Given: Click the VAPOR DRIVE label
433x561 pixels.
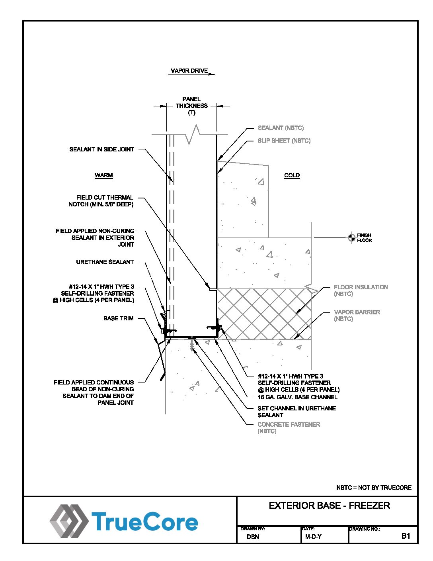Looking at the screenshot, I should click(189, 71).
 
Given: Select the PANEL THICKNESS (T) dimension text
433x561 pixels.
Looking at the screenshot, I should click(192, 106).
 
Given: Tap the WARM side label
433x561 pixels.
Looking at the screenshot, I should click(104, 175).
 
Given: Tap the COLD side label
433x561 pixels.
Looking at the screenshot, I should click(292, 175).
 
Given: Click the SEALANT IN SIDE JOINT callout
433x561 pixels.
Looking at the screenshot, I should click(102, 149).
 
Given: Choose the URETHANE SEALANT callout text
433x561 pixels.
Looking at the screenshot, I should click(105, 262).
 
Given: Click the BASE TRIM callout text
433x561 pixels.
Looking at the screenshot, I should click(119, 318).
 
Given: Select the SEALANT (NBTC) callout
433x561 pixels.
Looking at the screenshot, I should click(281, 128).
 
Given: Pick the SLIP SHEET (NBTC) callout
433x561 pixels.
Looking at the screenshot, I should click(284, 141).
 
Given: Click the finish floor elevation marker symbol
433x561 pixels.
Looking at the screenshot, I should click(351, 237).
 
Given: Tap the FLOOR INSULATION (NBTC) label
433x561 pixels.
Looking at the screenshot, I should click(361, 290).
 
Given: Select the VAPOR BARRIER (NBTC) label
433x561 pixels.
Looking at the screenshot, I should click(357, 315).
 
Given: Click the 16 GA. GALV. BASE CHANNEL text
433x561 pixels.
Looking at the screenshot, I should click(298, 397).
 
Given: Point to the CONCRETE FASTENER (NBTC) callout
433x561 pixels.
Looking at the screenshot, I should click(289, 428).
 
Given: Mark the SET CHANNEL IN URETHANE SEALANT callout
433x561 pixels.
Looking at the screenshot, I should click(296, 412).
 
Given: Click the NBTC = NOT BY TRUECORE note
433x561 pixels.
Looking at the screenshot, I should click(374, 487).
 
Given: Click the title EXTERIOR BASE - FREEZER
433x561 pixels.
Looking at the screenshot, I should click(329, 506).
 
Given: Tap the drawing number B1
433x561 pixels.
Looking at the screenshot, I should click(406, 536).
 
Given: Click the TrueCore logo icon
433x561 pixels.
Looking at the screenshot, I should click(68, 521).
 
